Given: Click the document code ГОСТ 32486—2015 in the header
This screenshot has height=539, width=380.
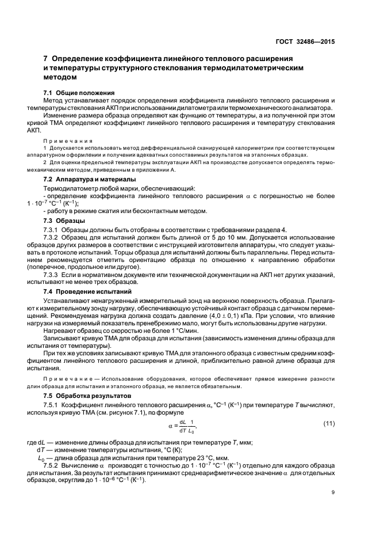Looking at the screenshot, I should click(x=305, y=41).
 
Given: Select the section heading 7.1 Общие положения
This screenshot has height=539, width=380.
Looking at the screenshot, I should click(x=79, y=93).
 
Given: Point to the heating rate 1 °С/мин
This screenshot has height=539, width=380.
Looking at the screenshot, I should click(x=171, y=332).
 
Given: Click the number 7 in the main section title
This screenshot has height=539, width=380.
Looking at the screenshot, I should click(x=46, y=59).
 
